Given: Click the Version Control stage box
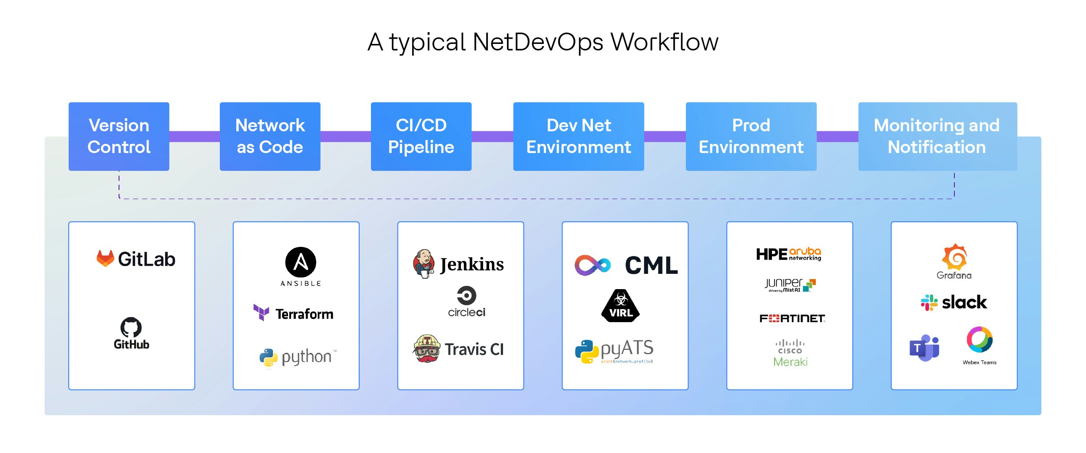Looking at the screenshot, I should click(x=119, y=136).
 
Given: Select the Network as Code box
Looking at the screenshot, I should click(x=270, y=136).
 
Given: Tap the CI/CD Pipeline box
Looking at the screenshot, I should click(x=421, y=136).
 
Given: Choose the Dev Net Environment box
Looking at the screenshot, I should click(x=578, y=136).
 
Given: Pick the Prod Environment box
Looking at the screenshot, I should click(x=751, y=136).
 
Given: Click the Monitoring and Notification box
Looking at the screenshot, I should click(x=937, y=136).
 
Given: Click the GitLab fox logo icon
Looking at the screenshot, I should click(x=105, y=258).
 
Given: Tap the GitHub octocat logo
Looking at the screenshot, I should click(x=131, y=327).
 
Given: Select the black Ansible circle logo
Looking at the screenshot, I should click(x=301, y=262).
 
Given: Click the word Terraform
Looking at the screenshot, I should click(x=305, y=314).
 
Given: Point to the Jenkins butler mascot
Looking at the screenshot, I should click(x=424, y=263).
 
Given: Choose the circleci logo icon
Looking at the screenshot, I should click(x=467, y=296).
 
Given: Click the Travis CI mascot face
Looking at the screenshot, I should click(x=427, y=349).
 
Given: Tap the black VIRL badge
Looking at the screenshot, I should click(x=621, y=306).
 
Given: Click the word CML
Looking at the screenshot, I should click(x=651, y=265).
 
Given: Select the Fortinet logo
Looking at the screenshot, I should click(x=792, y=319).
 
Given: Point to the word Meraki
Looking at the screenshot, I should click(x=790, y=362).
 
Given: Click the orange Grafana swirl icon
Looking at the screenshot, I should click(x=954, y=257).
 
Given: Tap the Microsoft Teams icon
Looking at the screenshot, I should click(x=924, y=348).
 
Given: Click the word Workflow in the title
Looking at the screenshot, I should click(x=664, y=42).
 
